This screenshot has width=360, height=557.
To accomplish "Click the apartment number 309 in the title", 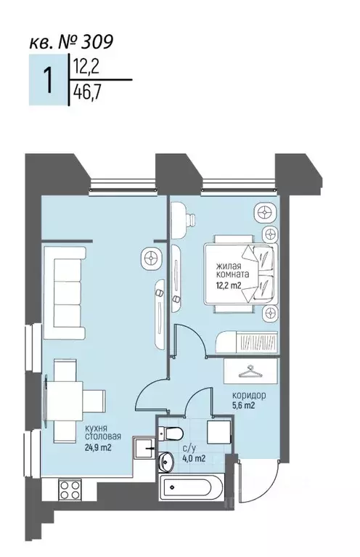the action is click(x=97, y=42).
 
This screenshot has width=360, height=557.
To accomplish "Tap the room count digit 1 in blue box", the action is click(x=48, y=81).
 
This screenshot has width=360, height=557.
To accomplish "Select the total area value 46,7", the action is click(x=86, y=94).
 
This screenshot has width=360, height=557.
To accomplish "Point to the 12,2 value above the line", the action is click(x=86, y=66).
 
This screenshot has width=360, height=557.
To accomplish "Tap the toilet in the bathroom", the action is click(x=171, y=433).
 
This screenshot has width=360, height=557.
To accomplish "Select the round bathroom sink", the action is click(x=165, y=460).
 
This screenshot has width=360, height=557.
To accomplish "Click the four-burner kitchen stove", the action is click(x=70, y=489).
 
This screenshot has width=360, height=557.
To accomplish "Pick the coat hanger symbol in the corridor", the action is click(x=250, y=372).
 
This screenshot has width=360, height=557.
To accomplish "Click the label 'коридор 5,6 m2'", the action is click(x=249, y=400).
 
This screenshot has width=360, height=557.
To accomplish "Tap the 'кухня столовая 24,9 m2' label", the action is click(x=103, y=438).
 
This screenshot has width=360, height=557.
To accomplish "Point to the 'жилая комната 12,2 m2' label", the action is click(x=232, y=275).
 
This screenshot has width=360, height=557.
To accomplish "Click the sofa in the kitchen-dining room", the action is click(x=65, y=293).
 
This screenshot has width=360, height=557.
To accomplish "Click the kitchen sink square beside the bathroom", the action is click(x=144, y=449).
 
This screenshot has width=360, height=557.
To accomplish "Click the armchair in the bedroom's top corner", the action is click(x=265, y=213).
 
